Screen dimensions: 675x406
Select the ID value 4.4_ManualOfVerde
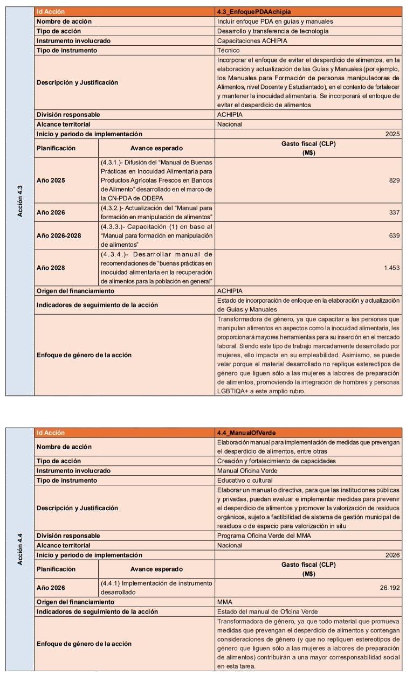pos(246,433)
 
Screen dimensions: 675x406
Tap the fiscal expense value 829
pos(394,180)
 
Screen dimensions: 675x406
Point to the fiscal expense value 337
pos(394,212)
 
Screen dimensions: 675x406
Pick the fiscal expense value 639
pos(394,236)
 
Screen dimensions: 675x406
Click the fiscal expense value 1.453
pos(392,268)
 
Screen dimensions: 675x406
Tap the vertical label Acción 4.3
pos(20,201)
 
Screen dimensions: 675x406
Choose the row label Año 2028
pos(51,268)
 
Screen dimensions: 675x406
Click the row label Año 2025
pos(51,180)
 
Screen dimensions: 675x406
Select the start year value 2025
pos(393,134)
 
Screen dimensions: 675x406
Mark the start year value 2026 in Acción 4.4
pos(393,555)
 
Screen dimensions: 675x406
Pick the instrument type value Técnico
pos(229,50)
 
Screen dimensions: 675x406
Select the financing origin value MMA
pos(224,602)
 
